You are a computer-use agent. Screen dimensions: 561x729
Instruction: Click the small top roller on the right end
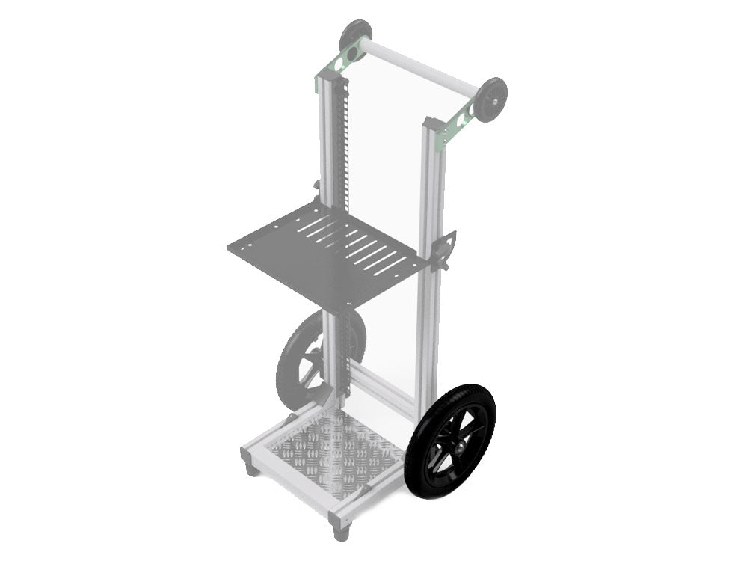[x=490, y=98]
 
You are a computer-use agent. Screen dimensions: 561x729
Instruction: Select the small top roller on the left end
[x=354, y=37]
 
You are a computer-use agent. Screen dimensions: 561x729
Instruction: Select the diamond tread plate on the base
[x=329, y=453]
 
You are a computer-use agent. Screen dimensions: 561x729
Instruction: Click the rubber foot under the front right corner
[x=341, y=533]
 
